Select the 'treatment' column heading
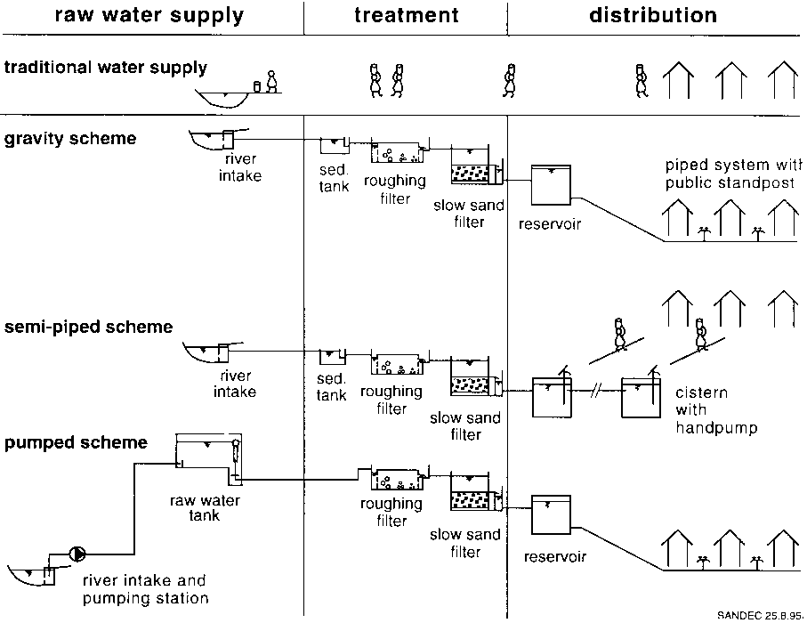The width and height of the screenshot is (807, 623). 406,15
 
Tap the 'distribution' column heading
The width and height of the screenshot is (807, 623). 653,15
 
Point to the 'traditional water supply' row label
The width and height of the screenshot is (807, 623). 106,68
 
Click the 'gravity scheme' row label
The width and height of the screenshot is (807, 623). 70,139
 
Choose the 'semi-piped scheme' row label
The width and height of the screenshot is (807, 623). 88,327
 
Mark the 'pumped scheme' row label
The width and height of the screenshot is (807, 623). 76,442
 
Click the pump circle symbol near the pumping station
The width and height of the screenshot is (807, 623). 78,554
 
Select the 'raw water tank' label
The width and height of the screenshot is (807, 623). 205,509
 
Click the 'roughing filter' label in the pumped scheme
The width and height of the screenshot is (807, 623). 391,512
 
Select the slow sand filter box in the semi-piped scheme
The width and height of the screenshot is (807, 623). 474,377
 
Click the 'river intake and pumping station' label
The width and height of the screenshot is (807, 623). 145,590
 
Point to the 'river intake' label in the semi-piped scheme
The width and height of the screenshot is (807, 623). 237,384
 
